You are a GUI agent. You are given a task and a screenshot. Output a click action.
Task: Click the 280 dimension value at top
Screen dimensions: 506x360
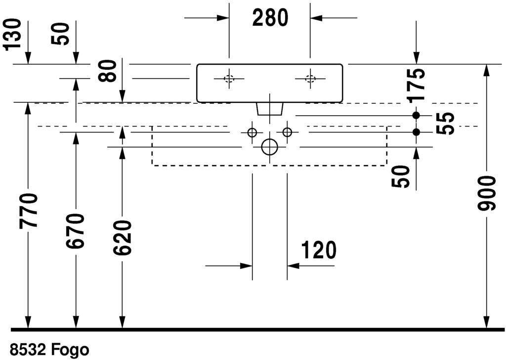coord(270,18)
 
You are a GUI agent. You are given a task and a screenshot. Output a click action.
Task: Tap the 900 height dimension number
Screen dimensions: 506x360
coord(487,193)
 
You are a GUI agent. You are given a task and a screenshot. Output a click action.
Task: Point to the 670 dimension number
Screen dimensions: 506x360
coord(75,231)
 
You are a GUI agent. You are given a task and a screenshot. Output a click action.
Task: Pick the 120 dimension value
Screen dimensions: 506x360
coord(318,250)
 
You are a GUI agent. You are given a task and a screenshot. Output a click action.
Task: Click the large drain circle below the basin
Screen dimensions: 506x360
coord(270,147)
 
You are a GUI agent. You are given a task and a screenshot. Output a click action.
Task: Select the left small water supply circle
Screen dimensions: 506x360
coord(252,133)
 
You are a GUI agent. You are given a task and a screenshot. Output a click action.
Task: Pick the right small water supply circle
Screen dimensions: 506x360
coord(288,133)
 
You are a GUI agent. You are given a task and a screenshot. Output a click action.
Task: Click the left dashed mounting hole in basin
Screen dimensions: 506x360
coord(229,79)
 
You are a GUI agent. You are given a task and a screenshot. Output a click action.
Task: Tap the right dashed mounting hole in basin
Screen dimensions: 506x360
coord(310,79)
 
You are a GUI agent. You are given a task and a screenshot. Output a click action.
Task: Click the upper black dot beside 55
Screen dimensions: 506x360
coord(416,115)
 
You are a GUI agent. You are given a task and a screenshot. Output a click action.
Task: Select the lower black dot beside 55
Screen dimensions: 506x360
coord(416,132)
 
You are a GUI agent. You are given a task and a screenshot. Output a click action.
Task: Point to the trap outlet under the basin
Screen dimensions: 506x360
coord(270,109)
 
